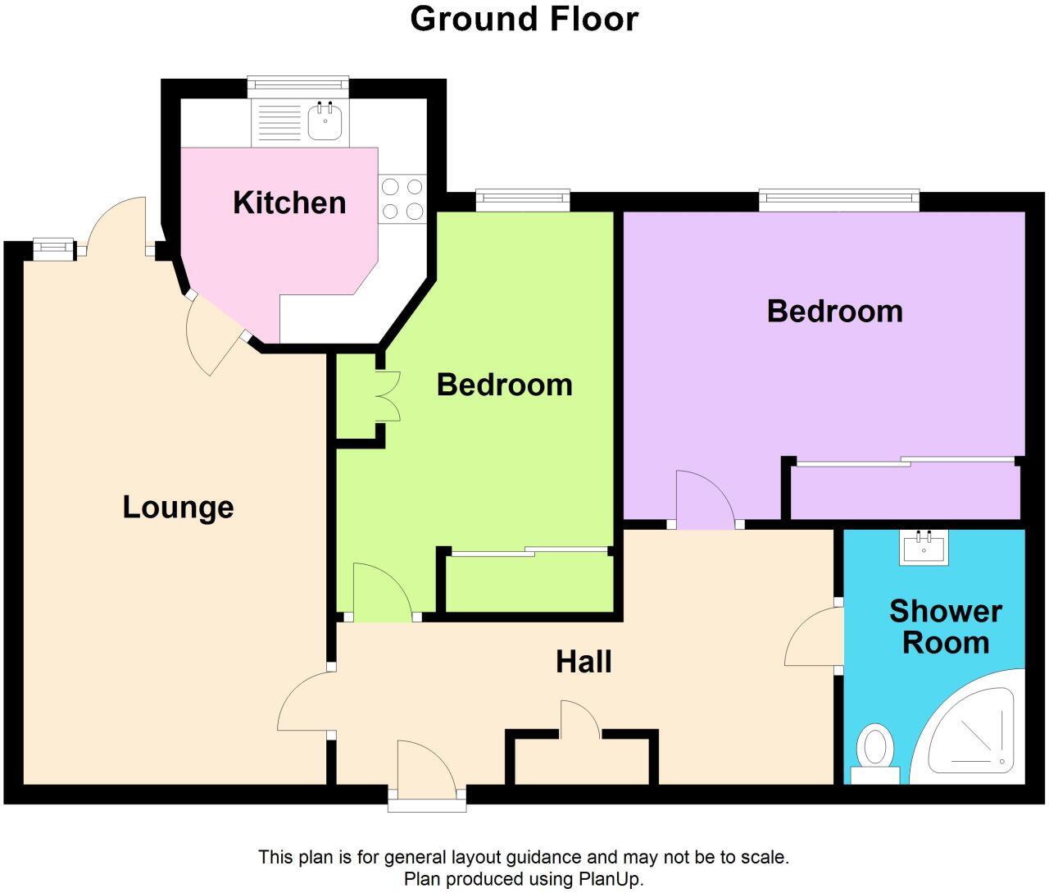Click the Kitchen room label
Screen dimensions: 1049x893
pos(289,203)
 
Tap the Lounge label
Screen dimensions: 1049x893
pos(178,507)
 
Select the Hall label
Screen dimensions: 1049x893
pos(584,662)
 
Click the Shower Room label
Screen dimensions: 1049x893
pos(946,627)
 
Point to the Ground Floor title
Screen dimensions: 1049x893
pos(524,20)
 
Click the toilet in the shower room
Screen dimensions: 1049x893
pos(874,754)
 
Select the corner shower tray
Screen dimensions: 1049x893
pos(967,727)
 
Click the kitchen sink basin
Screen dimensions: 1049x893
pos(325,122)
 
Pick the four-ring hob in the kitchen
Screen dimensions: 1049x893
pos(402,199)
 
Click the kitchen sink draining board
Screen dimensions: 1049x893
pos(279,122)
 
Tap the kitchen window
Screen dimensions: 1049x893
pos(298,87)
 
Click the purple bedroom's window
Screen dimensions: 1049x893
pos(839,201)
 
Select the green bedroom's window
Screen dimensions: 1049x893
pos(523,201)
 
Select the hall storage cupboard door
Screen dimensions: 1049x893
pos(580,719)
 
